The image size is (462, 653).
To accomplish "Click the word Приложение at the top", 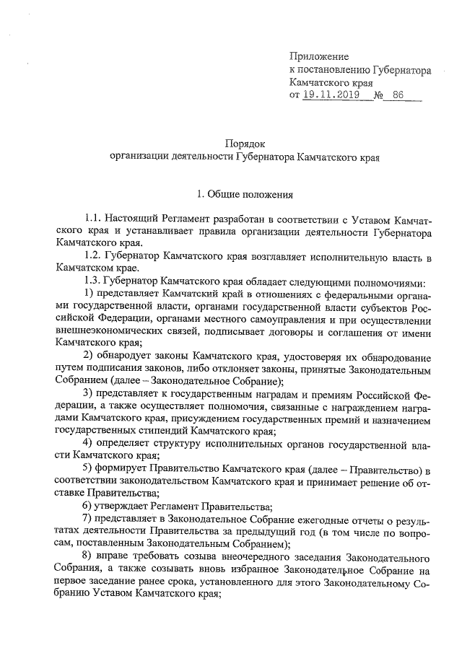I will click(318, 56).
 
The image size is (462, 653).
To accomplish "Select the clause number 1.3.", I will click(94, 282).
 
